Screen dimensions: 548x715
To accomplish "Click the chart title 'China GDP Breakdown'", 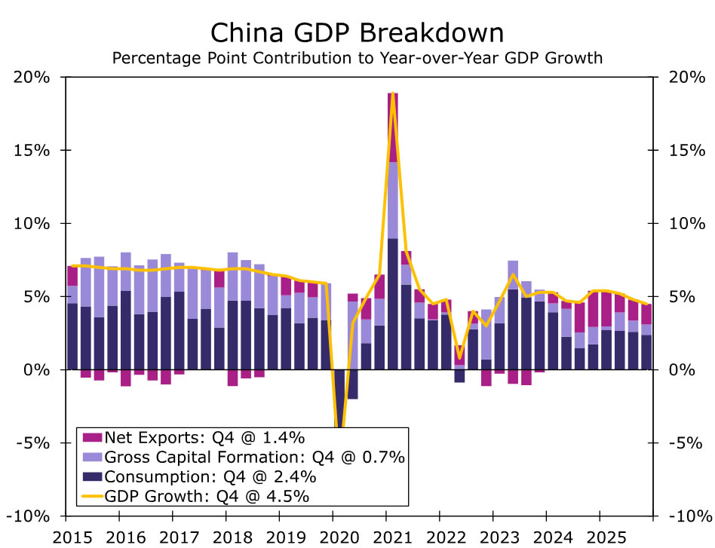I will click(357, 33).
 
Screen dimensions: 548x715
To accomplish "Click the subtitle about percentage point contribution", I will click(357, 58).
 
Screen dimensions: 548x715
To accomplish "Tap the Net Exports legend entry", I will click(204, 437).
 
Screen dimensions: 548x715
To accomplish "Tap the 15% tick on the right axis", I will click(682, 150).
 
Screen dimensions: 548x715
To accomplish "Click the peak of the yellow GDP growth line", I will click(393, 93).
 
